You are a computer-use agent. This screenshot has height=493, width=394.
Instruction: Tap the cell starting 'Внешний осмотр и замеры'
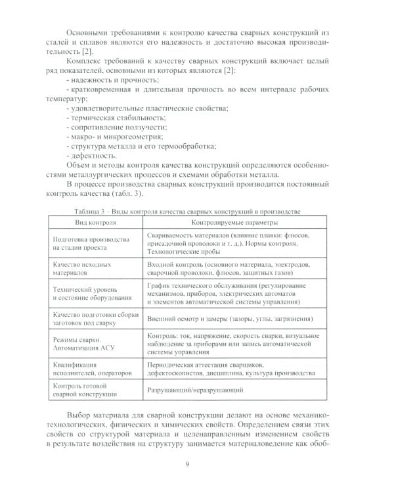[x=219, y=318]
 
